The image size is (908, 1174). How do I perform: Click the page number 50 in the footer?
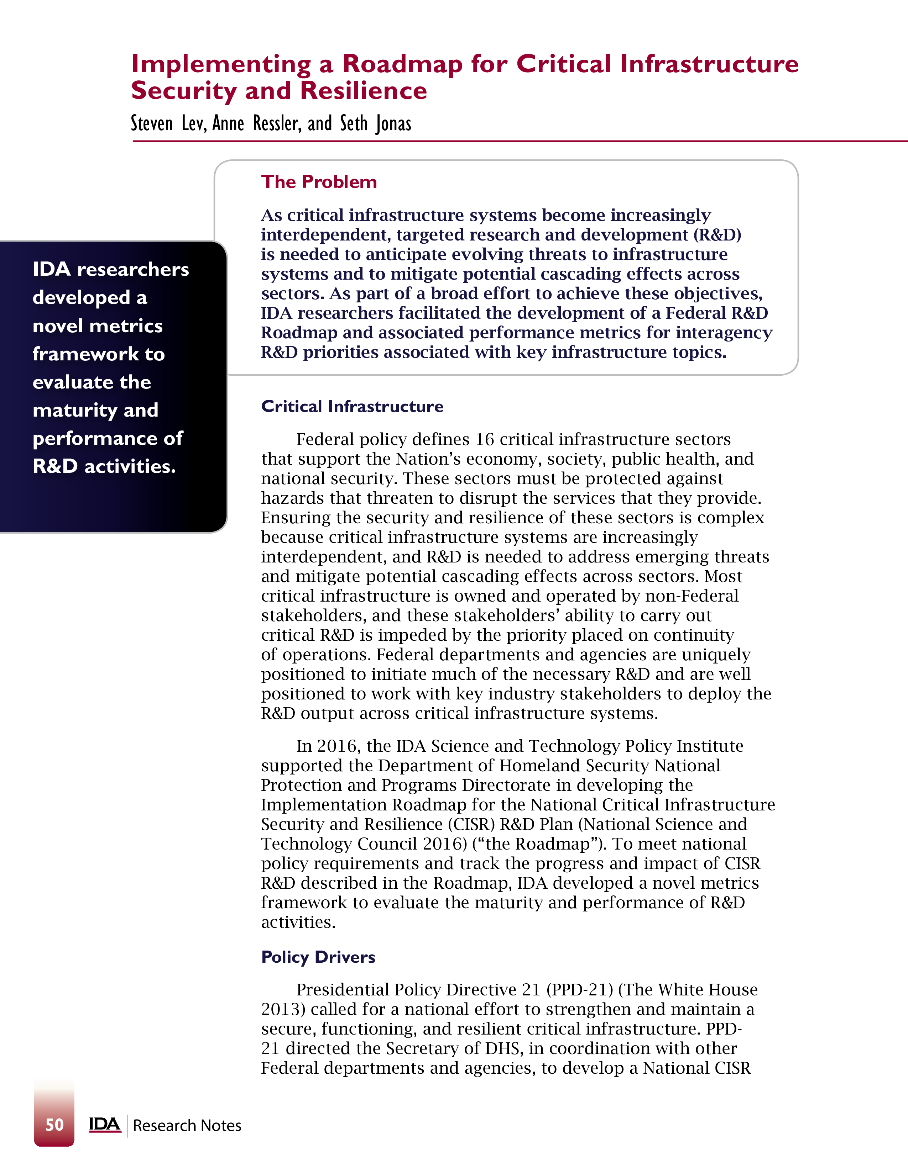click(x=54, y=1125)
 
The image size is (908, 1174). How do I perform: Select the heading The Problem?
click(x=319, y=182)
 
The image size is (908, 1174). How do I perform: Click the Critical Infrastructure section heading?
click(x=352, y=406)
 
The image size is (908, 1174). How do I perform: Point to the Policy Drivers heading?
click(x=318, y=957)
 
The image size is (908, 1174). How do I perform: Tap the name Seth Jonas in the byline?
click(x=375, y=124)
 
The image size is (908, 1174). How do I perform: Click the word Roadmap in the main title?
click(x=402, y=64)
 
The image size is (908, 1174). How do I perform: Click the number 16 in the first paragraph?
click(x=485, y=440)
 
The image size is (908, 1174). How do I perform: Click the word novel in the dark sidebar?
click(x=58, y=326)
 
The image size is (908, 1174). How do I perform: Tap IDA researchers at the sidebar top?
click(x=111, y=269)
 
